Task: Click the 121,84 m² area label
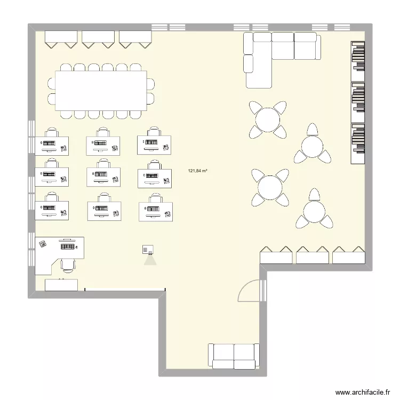point(197,171)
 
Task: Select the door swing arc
point(248,291)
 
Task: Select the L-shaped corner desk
point(58,252)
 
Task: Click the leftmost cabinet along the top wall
point(62,38)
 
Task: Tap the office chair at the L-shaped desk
point(68,264)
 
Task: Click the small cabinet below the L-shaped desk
point(61,284)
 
